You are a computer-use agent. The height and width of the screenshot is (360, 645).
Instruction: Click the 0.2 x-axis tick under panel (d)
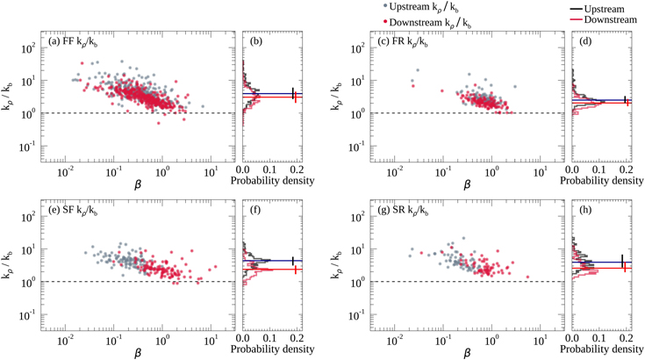[627, 169]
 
